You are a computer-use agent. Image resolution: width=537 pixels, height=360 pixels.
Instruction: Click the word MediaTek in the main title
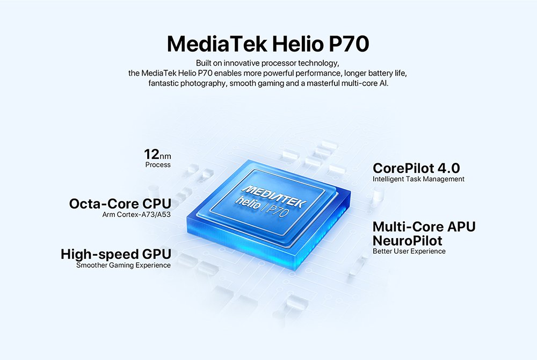tap(217, 44)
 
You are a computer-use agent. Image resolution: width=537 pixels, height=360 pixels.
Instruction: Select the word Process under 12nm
tap(158, 165)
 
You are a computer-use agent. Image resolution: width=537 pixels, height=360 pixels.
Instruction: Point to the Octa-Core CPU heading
tap(120, 204)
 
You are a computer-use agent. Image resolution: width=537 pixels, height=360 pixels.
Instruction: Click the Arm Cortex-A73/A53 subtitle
tap(136, 215)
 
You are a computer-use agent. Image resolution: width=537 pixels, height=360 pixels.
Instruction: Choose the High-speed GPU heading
tap(116, 255)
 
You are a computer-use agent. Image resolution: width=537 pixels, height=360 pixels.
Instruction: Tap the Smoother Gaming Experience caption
tap(124, 265)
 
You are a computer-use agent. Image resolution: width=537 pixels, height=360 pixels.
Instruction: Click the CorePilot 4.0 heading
tap(416, 168)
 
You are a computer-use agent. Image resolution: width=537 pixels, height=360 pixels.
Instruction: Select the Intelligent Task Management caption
tap(418, 179)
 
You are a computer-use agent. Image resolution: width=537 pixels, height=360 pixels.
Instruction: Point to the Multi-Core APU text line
tap(424, 227)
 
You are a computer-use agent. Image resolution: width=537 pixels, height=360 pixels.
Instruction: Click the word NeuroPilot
tap(407, 241)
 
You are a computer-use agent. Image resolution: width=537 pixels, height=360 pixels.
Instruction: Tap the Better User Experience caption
tap(409, 251)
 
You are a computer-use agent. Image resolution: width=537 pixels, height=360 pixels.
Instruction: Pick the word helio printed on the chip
tap(248, 203)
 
